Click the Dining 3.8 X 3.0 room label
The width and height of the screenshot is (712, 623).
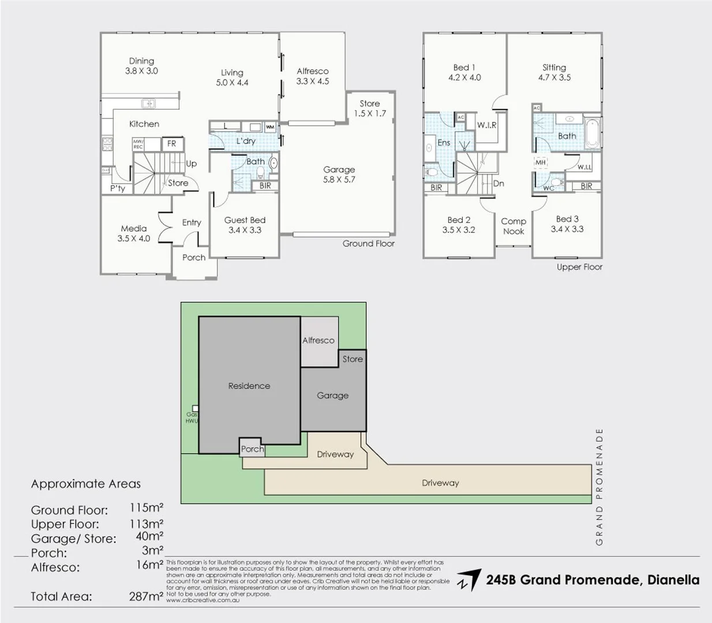point(141,66)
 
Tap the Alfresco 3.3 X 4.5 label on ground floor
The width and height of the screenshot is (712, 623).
point(312,76)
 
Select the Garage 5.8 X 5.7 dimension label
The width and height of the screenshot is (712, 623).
point(339,174)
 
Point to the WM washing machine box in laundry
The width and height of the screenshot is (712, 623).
point(270,127)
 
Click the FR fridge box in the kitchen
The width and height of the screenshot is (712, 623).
point(171,144)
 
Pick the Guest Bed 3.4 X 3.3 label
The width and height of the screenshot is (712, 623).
point(245,224)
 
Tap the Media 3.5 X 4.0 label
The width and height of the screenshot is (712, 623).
point(134,233)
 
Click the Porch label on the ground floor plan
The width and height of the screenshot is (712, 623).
point(194,257)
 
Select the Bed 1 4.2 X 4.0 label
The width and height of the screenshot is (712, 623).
point(464,72)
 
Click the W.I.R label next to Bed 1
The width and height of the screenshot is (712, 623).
point(486,125)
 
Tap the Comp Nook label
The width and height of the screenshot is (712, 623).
point(513,226)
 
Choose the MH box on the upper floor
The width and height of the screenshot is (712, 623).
point(541,163)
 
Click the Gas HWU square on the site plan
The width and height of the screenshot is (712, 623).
point(195,408)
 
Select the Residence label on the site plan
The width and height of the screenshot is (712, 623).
point(249,386)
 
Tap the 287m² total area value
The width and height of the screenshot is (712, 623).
point(146,596)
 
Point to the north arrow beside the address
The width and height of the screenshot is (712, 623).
point(468,580)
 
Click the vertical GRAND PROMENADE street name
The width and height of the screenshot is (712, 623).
point(599,486)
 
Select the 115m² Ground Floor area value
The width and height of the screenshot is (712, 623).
point(146,508)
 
